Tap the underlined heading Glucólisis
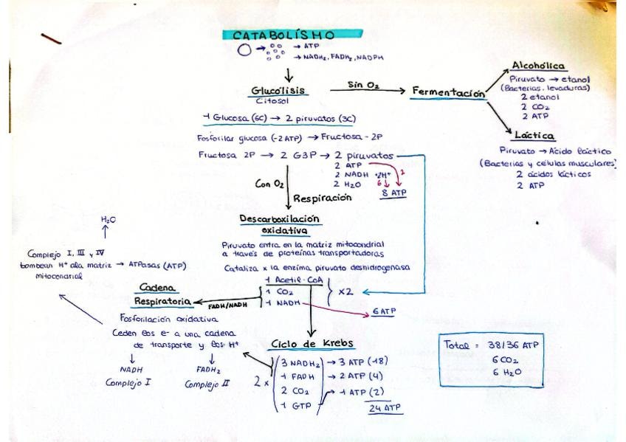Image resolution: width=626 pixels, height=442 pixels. click(278, 91)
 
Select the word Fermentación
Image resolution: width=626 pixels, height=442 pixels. click(449, 92)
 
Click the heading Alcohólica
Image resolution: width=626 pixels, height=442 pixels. click(534, 66)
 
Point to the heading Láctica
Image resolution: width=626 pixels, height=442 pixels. click(536, 137)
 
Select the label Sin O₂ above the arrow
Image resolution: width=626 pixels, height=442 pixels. click(363, 86)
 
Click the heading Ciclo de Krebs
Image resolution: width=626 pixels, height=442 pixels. click(312, 344)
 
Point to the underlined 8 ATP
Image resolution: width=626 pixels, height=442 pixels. click(393, 193)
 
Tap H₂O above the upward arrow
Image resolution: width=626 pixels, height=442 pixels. click(108, 220)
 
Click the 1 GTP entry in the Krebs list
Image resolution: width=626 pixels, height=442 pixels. click(294, 405)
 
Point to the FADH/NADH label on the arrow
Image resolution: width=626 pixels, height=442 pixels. click(227, 305)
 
